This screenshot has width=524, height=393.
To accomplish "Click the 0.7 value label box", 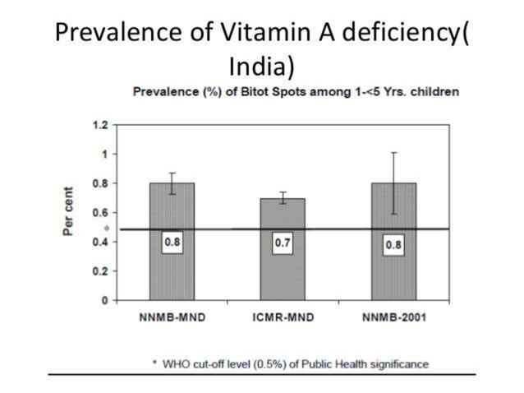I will pos(283,244).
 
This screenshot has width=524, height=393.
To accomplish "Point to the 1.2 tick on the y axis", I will pos(99,125).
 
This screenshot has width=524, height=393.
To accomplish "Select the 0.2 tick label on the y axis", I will pos(99,271).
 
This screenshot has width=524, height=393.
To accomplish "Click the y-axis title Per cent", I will pos(71,213).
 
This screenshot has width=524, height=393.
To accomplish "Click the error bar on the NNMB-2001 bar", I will pos(393,183).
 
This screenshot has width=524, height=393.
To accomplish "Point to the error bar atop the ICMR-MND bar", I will pos(283,197).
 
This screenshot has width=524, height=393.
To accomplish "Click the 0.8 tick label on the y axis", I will pos(99,183).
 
